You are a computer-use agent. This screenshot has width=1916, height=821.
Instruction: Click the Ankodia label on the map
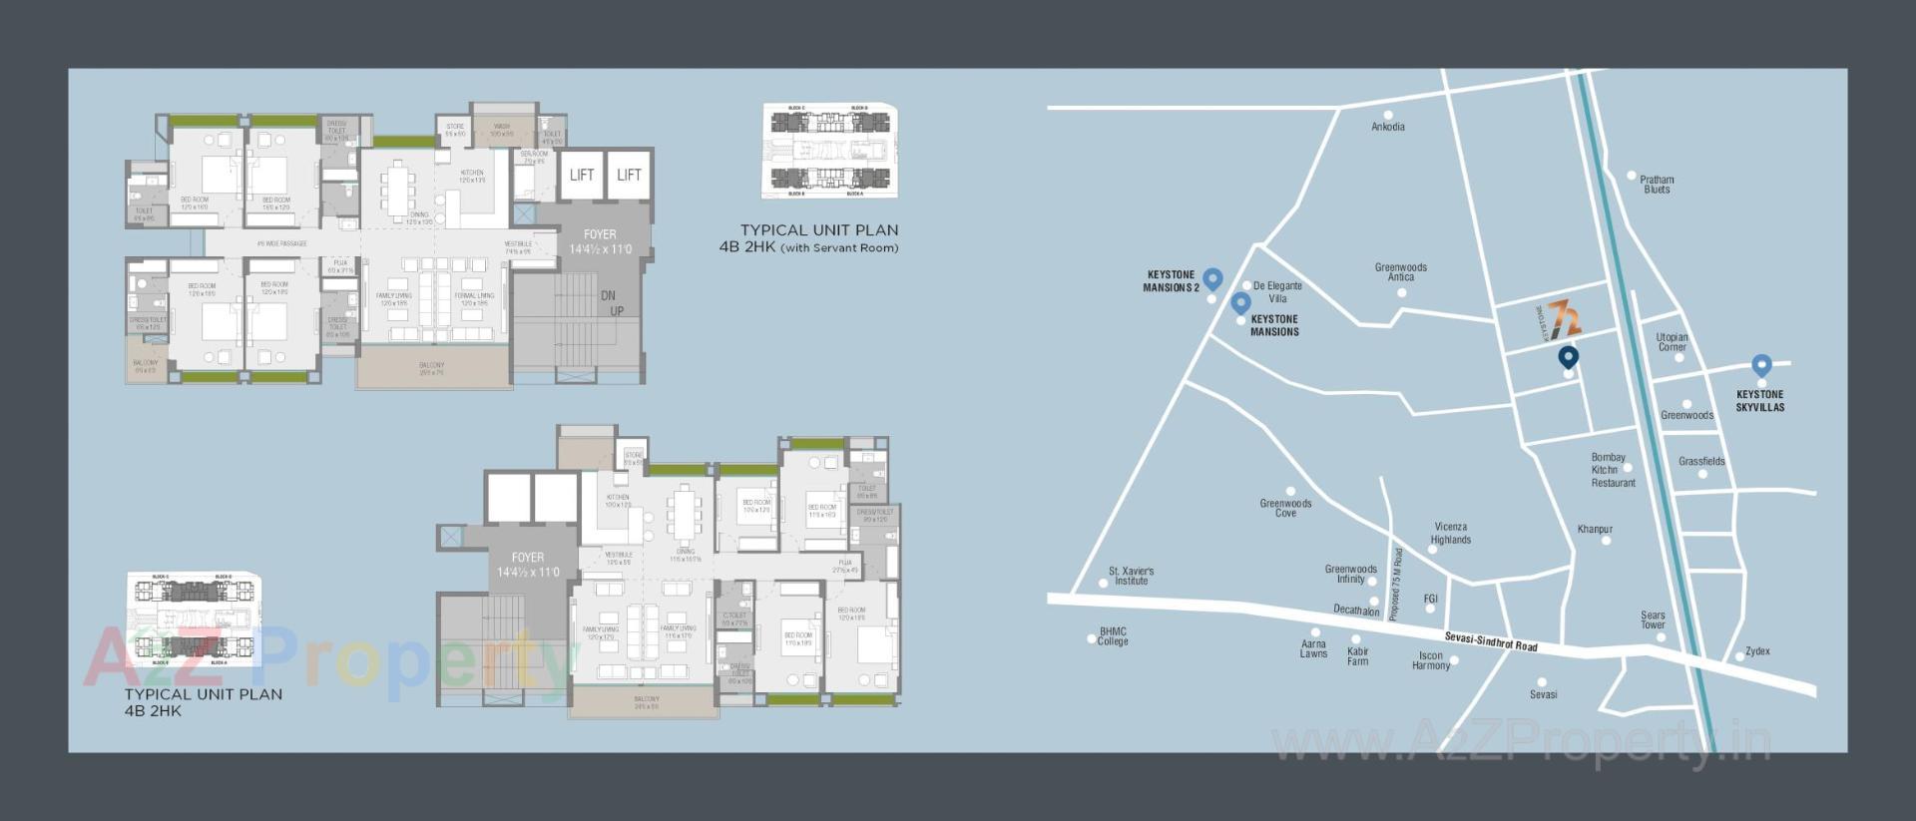(x=1387, y=127)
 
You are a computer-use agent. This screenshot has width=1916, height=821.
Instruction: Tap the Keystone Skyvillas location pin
(x=1761, y=366)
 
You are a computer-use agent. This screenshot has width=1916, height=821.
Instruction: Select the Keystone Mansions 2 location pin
(x=1212, y=278)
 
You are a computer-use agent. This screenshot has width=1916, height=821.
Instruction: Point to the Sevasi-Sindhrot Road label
(x=1491, y=641)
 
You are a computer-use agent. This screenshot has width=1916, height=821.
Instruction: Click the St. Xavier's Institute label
(x=1131, y=576)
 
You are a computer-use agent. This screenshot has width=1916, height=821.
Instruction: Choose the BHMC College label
(x=1113, y=636)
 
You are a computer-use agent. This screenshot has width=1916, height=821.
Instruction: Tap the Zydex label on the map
(x=1757, y=651)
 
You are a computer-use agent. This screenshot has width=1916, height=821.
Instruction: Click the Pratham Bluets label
(x=1657, y=185)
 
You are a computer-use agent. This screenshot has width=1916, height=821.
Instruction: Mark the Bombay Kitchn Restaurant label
(x=1612, y=470)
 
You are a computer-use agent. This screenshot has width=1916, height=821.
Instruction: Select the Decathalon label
(x=1355, y=610)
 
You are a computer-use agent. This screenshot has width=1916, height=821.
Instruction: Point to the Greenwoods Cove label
(x=1285, y=508)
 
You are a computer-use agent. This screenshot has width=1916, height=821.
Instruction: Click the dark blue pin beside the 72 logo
(x=1568, y=356)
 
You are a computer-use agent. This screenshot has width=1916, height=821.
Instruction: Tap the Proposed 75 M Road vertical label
(x=1396, y=585)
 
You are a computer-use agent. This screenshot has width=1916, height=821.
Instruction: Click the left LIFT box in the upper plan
(x=582, y=176)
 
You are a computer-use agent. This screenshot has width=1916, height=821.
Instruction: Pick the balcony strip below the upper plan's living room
(x=432, y=369)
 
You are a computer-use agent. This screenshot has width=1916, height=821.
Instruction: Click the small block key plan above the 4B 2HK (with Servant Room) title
(x=828, y=150)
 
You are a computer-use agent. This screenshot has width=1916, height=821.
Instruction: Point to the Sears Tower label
(x=1653, y=619)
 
